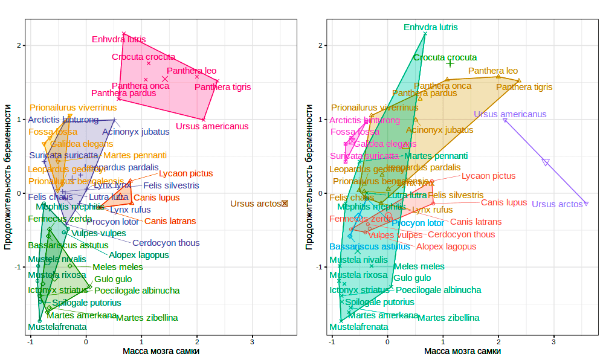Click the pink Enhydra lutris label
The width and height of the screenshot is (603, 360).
[x=119, y=39]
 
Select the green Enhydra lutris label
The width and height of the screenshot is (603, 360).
[x=431, y=27]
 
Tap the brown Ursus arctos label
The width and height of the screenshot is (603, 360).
[x=256, y=204]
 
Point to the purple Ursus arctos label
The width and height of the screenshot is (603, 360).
[x=557, y=204]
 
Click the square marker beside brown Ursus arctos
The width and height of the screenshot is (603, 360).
[x=285, y=204]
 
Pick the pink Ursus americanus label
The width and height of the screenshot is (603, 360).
[x=212, y=126]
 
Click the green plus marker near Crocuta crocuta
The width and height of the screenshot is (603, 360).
[x=450, y=63]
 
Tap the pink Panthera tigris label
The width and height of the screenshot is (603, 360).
[x=222, y=87]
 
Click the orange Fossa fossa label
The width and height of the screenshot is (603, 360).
[x=53, y=132]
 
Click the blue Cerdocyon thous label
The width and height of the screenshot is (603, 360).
[x=166, y=243]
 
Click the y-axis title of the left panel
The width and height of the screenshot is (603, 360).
[x=8, y=178]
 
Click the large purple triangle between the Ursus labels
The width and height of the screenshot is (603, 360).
[x=546, y=162]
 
